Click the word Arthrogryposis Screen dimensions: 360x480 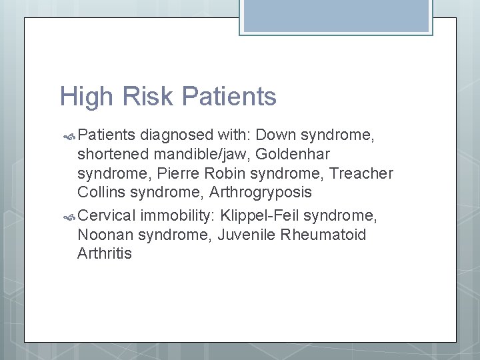point(260,193)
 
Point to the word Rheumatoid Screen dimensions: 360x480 point(324,235)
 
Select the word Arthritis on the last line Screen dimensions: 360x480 point(105,253)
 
